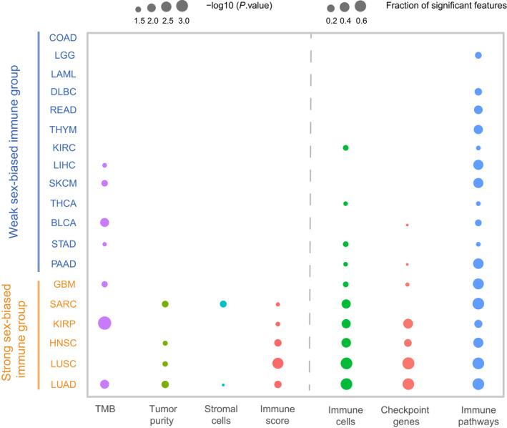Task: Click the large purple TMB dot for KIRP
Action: point(104,324)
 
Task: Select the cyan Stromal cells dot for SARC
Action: point(223,304)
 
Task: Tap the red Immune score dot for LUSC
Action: point(277,364)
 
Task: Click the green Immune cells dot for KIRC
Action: point(345,147)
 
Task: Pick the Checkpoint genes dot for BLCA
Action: point(407,225)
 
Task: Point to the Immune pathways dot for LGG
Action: point(478,55)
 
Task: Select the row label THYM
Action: point(62,130)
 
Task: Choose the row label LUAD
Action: point(63,384)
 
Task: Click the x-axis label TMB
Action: point(104,409)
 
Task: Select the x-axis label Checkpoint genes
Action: point(408,415)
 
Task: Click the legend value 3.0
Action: point(182,20)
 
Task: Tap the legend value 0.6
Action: point(361,20)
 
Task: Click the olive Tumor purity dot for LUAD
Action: point(165,384)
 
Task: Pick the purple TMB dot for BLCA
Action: point(104,223)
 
